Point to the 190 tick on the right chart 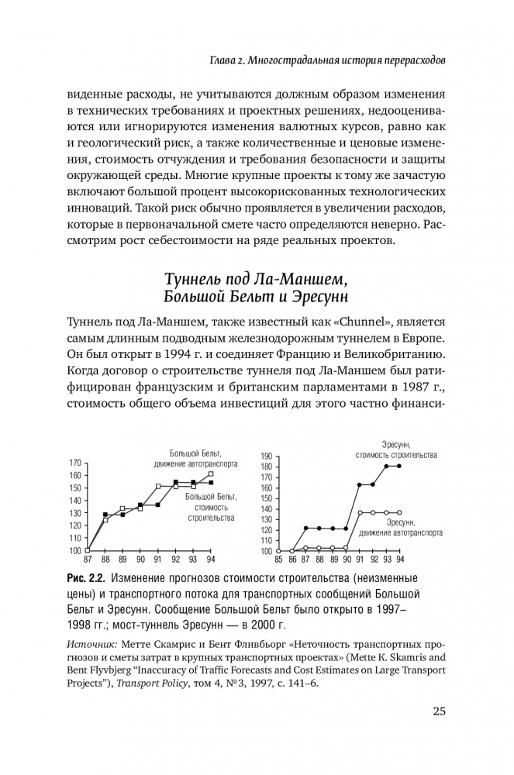(x=267, y=456)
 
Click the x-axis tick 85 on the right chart (x=278, y=559)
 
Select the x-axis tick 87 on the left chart (x=87, y=559)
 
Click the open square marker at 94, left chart (x=211, y=474)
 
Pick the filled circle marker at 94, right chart (x=399, y=466)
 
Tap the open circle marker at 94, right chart (x=399, y=512)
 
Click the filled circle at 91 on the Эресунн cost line (x=360, y=484)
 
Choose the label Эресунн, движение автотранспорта (x=402, y=528)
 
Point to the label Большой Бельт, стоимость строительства (x=209, y=506)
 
